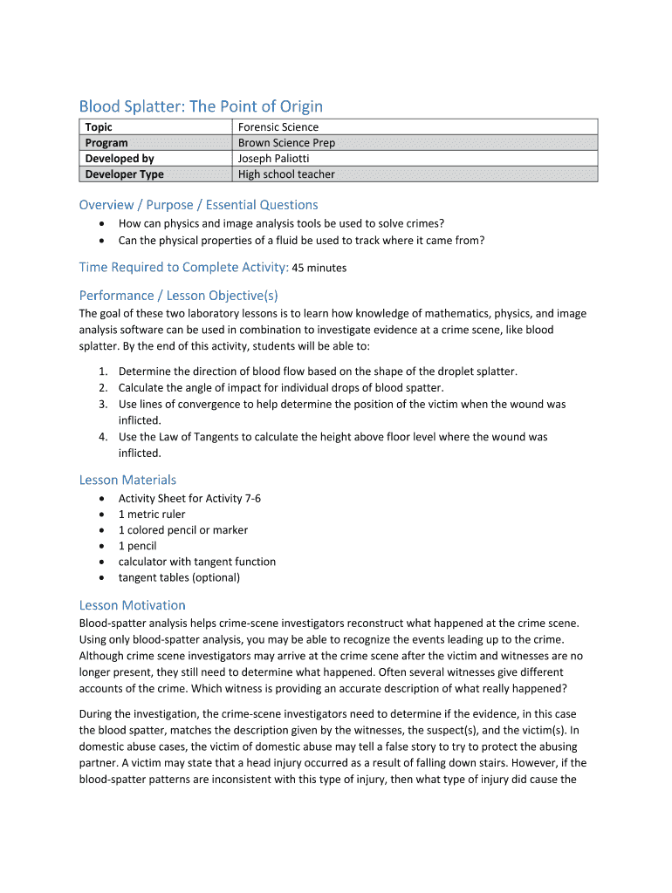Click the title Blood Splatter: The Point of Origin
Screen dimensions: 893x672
tap(201, 106)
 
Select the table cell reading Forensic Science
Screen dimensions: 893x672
tap(278, 127)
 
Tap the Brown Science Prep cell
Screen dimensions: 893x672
tap(286, 143)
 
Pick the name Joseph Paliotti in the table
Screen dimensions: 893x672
tap(273, 159)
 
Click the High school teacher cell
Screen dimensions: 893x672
tap(286, 174)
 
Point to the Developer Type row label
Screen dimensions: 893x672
tap(124, 174)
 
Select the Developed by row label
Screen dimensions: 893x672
tap(120, 159)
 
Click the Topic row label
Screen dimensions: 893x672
tap(99, 127)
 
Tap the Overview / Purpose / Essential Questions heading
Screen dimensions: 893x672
tap(198, 205)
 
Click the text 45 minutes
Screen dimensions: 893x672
tap(319, 268)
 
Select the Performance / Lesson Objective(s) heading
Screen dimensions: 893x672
tap(178, 295)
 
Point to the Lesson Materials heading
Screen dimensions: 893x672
tap(127, 480)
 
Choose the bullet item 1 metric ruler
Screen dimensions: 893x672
tap(152, 515)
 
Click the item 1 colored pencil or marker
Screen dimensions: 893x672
tap(182, 530)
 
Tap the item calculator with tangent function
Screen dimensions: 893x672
tap(196, 562)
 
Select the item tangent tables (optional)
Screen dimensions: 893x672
tap(179, 577)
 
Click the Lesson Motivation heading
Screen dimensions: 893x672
tap(132, 605)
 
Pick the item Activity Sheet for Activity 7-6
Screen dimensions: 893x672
tap(189, 499)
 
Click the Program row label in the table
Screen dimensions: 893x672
tap(106, 143)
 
